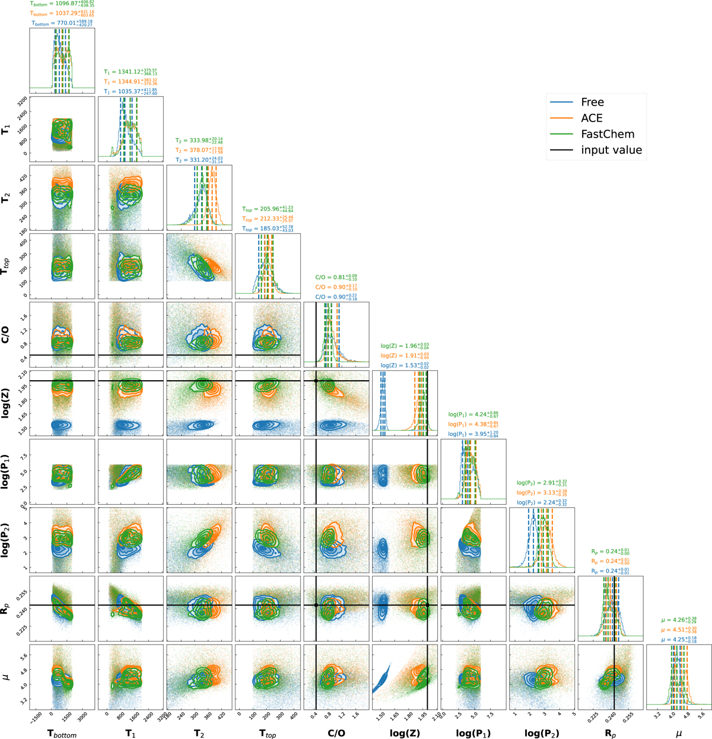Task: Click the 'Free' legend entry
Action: pyautogui.click(x=592, y=103)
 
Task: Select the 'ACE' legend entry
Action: pyautogui.click(x=592, y=119)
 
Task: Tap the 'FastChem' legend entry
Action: pyautogui.click(x=608, y=135)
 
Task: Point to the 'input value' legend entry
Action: pyautogui.click(x=611, y=151)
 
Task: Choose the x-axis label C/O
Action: pyautogui.click(x=336, y=733)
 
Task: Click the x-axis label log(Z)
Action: pyautogui.click(x=405, y=733)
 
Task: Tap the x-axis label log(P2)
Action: pyautogui.click(x=542, y=733)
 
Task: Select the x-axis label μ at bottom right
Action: pyautogui.click(x=679, y=733)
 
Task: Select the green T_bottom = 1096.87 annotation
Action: pyautogui.click(x=62, y=3)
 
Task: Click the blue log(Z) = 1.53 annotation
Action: pyautogui.click(x=405, y=366)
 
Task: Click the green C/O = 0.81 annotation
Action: pyautogui.click(x=336, y=277)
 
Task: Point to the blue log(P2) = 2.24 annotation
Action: pyautogui.click(x=542, y=502)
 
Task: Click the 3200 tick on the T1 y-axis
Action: pyautogui.click(x=21, y=98)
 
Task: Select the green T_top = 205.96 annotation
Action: pyautogui.click(x=268, y=209)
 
